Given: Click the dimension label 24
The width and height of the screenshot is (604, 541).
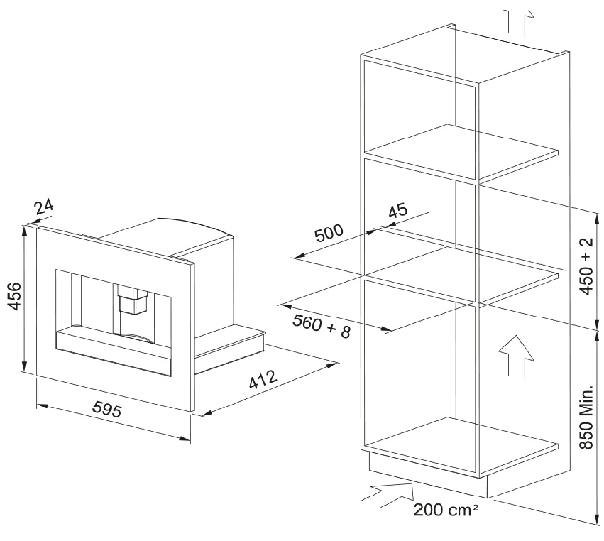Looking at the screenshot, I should [44, 207].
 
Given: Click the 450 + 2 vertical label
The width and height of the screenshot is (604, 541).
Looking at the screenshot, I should [587, 266].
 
